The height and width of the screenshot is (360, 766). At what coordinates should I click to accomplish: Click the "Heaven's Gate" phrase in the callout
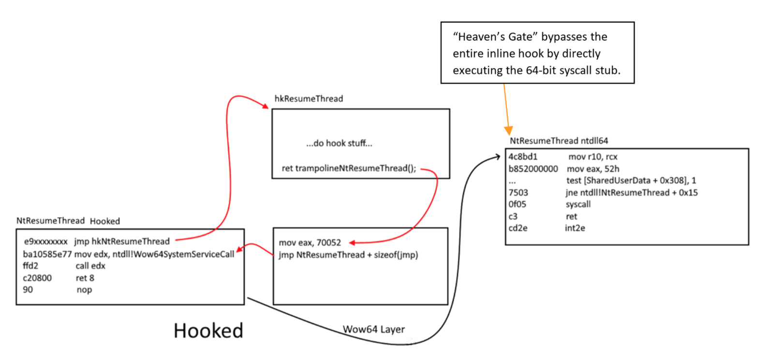495,37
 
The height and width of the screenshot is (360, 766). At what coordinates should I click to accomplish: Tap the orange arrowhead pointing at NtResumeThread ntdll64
508,130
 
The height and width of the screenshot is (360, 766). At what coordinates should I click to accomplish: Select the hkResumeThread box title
309,99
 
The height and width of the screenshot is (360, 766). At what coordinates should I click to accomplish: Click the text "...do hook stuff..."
339,143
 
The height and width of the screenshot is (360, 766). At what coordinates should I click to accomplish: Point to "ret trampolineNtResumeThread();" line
349,168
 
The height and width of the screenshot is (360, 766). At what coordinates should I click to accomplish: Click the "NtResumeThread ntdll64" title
559,141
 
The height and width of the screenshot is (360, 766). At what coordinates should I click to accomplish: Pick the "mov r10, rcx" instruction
592,157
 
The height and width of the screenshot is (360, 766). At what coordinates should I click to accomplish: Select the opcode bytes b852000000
533,169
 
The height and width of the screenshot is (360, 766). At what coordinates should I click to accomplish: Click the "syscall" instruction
578,204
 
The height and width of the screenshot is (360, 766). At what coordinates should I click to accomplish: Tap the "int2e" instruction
574,228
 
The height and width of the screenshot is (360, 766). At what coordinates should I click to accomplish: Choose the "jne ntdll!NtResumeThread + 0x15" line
631,193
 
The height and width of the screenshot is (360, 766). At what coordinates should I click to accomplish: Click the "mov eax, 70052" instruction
309,242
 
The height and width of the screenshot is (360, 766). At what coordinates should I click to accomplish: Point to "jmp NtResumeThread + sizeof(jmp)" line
348,255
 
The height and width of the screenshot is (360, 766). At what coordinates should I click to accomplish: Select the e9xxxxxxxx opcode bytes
46,241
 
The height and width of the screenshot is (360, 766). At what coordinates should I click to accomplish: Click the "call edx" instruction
90,266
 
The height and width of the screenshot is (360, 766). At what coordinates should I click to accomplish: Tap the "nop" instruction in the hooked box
84,290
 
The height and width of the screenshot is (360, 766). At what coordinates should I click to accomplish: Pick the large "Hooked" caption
208,331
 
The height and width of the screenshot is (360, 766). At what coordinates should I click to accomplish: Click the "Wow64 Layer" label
373,330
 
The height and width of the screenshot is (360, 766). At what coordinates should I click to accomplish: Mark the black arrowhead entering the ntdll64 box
498,156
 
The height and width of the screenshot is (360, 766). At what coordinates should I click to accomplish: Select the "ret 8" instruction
85,278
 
